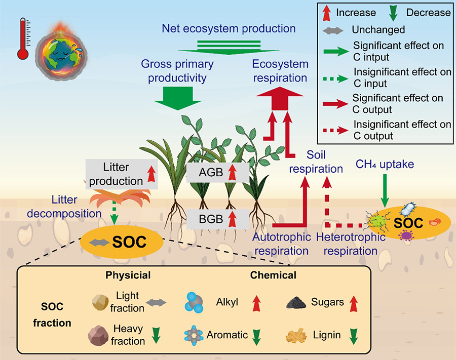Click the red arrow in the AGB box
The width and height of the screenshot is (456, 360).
click(234, 173)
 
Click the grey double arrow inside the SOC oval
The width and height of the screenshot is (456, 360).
click(99, 243)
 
